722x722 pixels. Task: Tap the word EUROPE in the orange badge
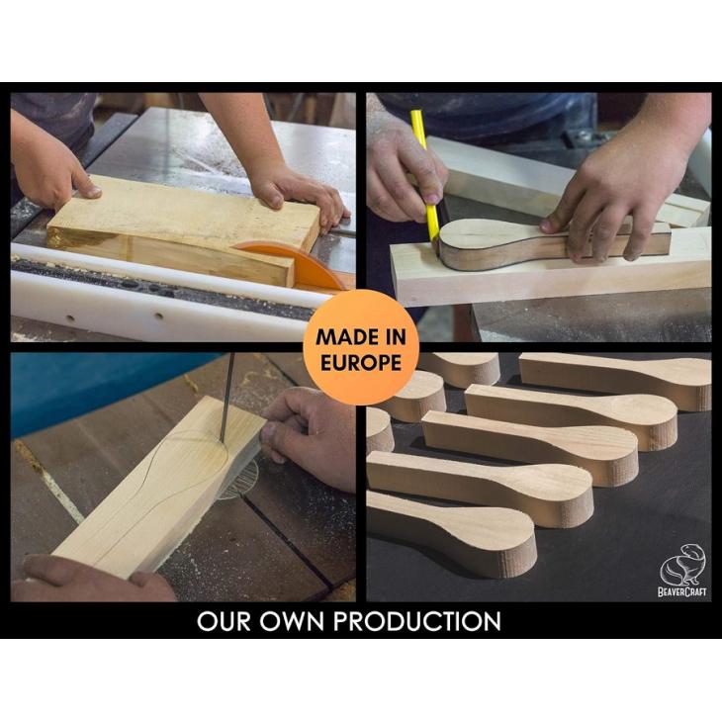pyautogui.click(x=361, y=363)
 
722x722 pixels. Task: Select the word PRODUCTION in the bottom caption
pyautogui.click(x=417, y=621)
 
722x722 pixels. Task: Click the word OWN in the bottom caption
pyautogui.click(x=292, y=621)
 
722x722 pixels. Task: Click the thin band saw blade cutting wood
pyautogui.click(x=226, y=398)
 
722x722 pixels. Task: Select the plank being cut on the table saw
pyautogui.click(x=184, y=227)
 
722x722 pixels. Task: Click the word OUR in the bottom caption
pyautogui.click(x=225, y=621)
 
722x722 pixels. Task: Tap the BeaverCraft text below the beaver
pyautogui.click(x=681, y=591)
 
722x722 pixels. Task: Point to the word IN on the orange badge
pyautogui.click(x=393, y=337)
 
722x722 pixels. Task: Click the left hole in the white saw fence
pyautogui.click(x=70, y=318)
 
